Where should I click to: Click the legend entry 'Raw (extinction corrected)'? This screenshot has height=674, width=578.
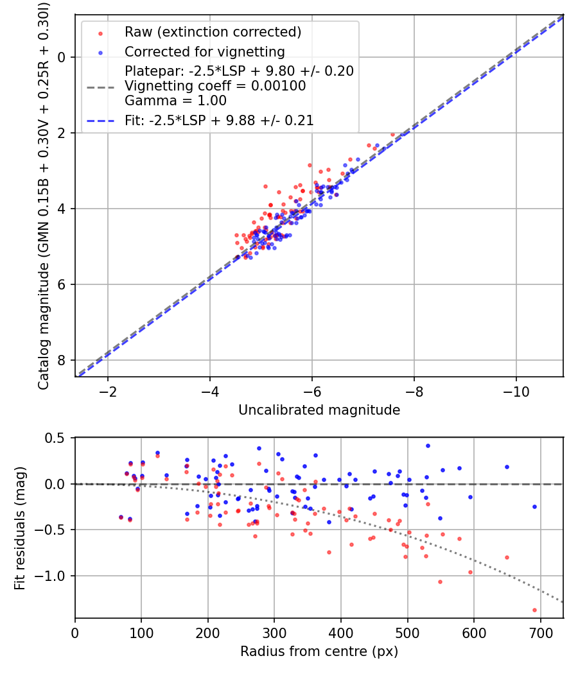click(213, 32)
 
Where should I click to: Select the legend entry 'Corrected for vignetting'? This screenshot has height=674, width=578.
click(204, 51)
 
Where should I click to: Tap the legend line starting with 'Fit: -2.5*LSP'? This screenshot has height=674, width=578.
click(219, 119)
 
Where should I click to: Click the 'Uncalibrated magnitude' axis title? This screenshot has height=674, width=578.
click(319, 410)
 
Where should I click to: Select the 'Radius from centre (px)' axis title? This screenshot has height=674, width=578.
click(319, 652)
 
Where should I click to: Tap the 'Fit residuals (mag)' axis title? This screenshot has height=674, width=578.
click(20, 528)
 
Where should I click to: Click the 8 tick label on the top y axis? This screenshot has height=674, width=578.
click(62, 360)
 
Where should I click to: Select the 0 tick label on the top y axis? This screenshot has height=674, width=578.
click(62, 57)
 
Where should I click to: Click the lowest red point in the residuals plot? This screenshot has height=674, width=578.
click(534, 610)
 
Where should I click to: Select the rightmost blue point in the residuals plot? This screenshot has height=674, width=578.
click(534, 506)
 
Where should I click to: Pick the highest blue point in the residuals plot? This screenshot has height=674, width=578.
click(428, 445)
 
